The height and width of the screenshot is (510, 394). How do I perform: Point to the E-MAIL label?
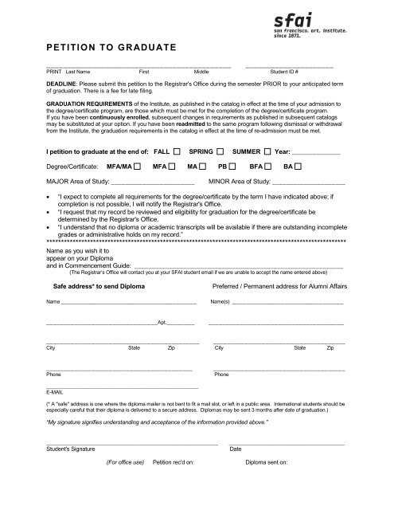[56, 392]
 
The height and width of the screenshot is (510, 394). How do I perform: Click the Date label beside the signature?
[236, 449]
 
